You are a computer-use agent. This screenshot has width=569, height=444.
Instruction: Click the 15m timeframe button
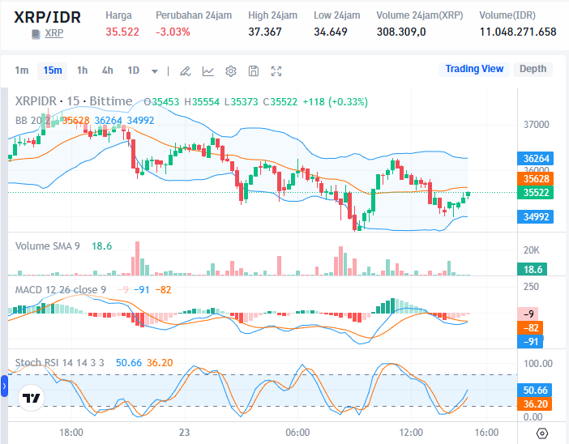pyautogui.click(x=53, y=70)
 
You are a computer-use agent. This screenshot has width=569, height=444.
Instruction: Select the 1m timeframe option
pyautogui.click(x=22, y=70)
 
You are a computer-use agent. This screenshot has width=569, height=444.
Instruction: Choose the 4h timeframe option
pyautogui.click(x=108, y=70)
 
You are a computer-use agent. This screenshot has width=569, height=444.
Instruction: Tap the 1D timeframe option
pyautogui.click(x=133, y=70)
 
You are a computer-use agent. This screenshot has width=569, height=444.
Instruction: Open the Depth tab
pyautogui.click(x=533, y=69)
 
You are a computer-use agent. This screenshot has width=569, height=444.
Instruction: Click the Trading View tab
pyautogui.click(x=474, y=69)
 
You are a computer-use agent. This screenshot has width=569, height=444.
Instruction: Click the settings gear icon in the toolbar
pyautogui.click(x=231, y=71)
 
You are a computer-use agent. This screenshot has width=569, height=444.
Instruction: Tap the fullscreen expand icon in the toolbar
pyautogui.click(x=276, y=71)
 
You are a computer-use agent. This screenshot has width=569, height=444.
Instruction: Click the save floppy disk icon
pyautogui.click(x=254, y=71)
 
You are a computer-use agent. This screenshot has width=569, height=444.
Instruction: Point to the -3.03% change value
pyautogui.click(x=173, y=32)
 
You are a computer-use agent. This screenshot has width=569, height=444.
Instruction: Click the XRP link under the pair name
pyautogui.click(x=53, y=33)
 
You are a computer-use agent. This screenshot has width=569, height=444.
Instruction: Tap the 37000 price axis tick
pyautogui.click(x=537, y=125)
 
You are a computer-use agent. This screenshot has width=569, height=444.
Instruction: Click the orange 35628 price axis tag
pyautogui.click(x=537, y=178)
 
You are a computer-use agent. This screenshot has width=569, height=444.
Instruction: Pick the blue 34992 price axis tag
pyautogui.click(x=537, y=216)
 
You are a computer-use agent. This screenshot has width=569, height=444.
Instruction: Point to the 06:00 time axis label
pyautogui.click(x=297, y=433)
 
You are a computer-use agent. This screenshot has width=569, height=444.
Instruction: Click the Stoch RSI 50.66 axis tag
pyautogui.click(x=537, y=390)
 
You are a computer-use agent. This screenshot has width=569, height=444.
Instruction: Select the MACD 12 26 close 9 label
pyautogui.click(x=62, y=289)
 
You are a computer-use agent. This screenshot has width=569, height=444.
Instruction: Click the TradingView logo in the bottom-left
pyautogui.click(x=32, y=399)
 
